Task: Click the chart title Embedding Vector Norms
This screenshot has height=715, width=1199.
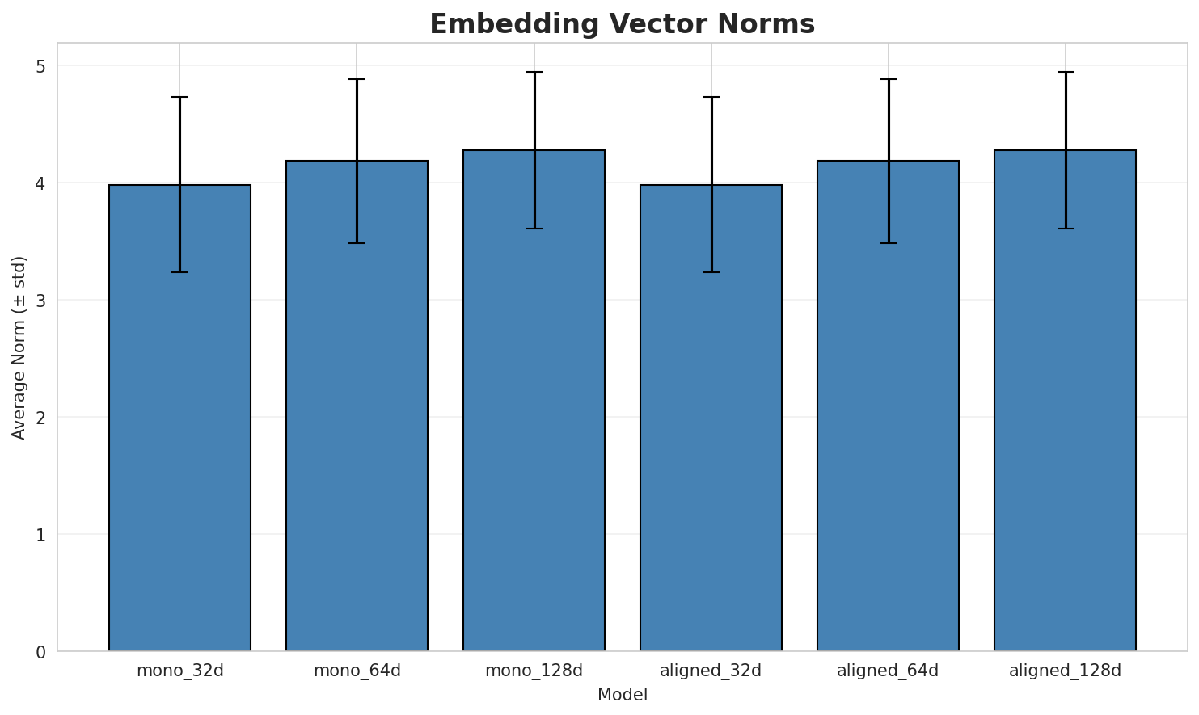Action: pos(622,24)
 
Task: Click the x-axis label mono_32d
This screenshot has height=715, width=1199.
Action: pos(179,671)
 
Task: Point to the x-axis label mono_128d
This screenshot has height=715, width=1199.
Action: pos(534,671)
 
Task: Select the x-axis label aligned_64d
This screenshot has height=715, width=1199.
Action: pos(888,671)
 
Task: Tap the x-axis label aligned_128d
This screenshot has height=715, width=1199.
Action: pos(1065,671)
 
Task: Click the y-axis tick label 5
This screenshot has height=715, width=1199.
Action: pos(40,66)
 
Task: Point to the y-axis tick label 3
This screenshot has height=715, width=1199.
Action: pos(40,301)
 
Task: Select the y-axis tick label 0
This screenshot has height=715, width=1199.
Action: pos(40,651)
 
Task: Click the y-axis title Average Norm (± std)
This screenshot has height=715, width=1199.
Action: pos(19,347)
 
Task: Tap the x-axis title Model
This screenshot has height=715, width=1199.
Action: pos(622,695)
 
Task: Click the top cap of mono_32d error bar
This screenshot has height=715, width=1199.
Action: pos(179,97)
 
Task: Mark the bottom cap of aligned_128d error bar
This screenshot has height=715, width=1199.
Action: pos(1065,229)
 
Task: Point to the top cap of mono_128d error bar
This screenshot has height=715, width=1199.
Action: pos(534,72)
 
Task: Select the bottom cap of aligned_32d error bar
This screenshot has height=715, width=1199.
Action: pos(711,272)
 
